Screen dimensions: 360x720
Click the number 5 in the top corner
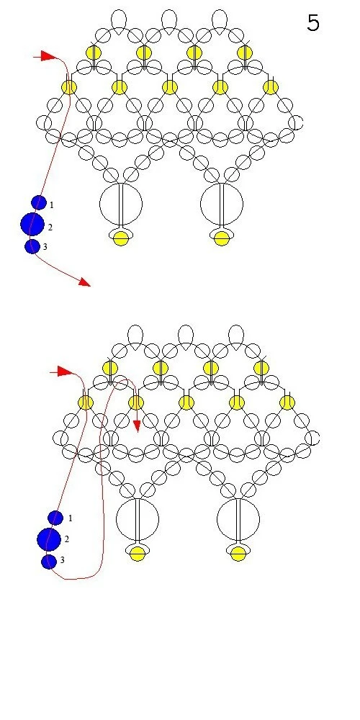pos(313,22)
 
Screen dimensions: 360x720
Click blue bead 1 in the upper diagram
pos(39,202)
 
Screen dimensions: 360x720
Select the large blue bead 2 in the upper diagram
pos(32,224)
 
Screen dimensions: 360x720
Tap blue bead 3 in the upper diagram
pos(32,246)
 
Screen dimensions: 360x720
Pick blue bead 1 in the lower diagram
pos(55,518)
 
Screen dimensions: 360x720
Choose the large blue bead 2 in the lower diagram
pos(49,539)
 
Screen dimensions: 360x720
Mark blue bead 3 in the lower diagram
pos(49,562)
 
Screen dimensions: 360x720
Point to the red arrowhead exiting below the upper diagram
pos(84,282)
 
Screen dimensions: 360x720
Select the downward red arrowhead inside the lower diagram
pos(136,426)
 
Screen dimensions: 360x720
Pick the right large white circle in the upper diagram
pos(222,204)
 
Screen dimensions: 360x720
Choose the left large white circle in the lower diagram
pos(138,519)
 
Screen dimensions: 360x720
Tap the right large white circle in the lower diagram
pos(238,519)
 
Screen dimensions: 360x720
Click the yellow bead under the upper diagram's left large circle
pos(121,238)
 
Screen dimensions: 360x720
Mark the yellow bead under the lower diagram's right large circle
pos(238,554)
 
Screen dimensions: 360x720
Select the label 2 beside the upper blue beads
pos(50,228)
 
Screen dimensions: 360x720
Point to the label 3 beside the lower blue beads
pos(62,560)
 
